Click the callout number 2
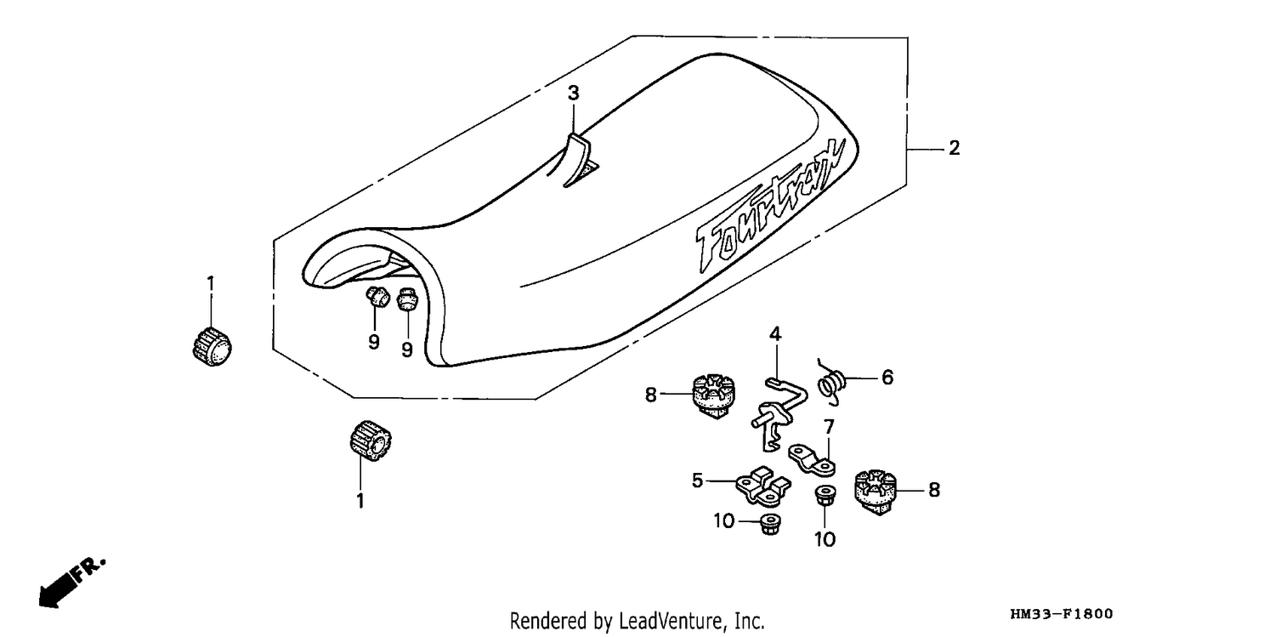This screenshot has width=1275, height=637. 954,148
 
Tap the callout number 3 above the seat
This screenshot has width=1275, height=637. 573,93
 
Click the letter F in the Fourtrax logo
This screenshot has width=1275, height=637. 711,247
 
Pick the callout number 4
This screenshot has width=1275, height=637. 775,334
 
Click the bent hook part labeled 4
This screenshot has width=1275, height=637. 777,412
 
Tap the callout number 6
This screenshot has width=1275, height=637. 887,377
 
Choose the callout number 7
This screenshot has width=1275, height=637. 829,426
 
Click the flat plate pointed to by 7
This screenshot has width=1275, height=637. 812,461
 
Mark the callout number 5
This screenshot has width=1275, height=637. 697,481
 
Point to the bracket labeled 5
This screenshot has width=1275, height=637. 762,486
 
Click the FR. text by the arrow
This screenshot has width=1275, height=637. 89,568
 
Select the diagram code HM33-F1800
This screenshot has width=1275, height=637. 1062,614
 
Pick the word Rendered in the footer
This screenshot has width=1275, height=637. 549,621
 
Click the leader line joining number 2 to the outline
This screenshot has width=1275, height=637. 926,149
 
